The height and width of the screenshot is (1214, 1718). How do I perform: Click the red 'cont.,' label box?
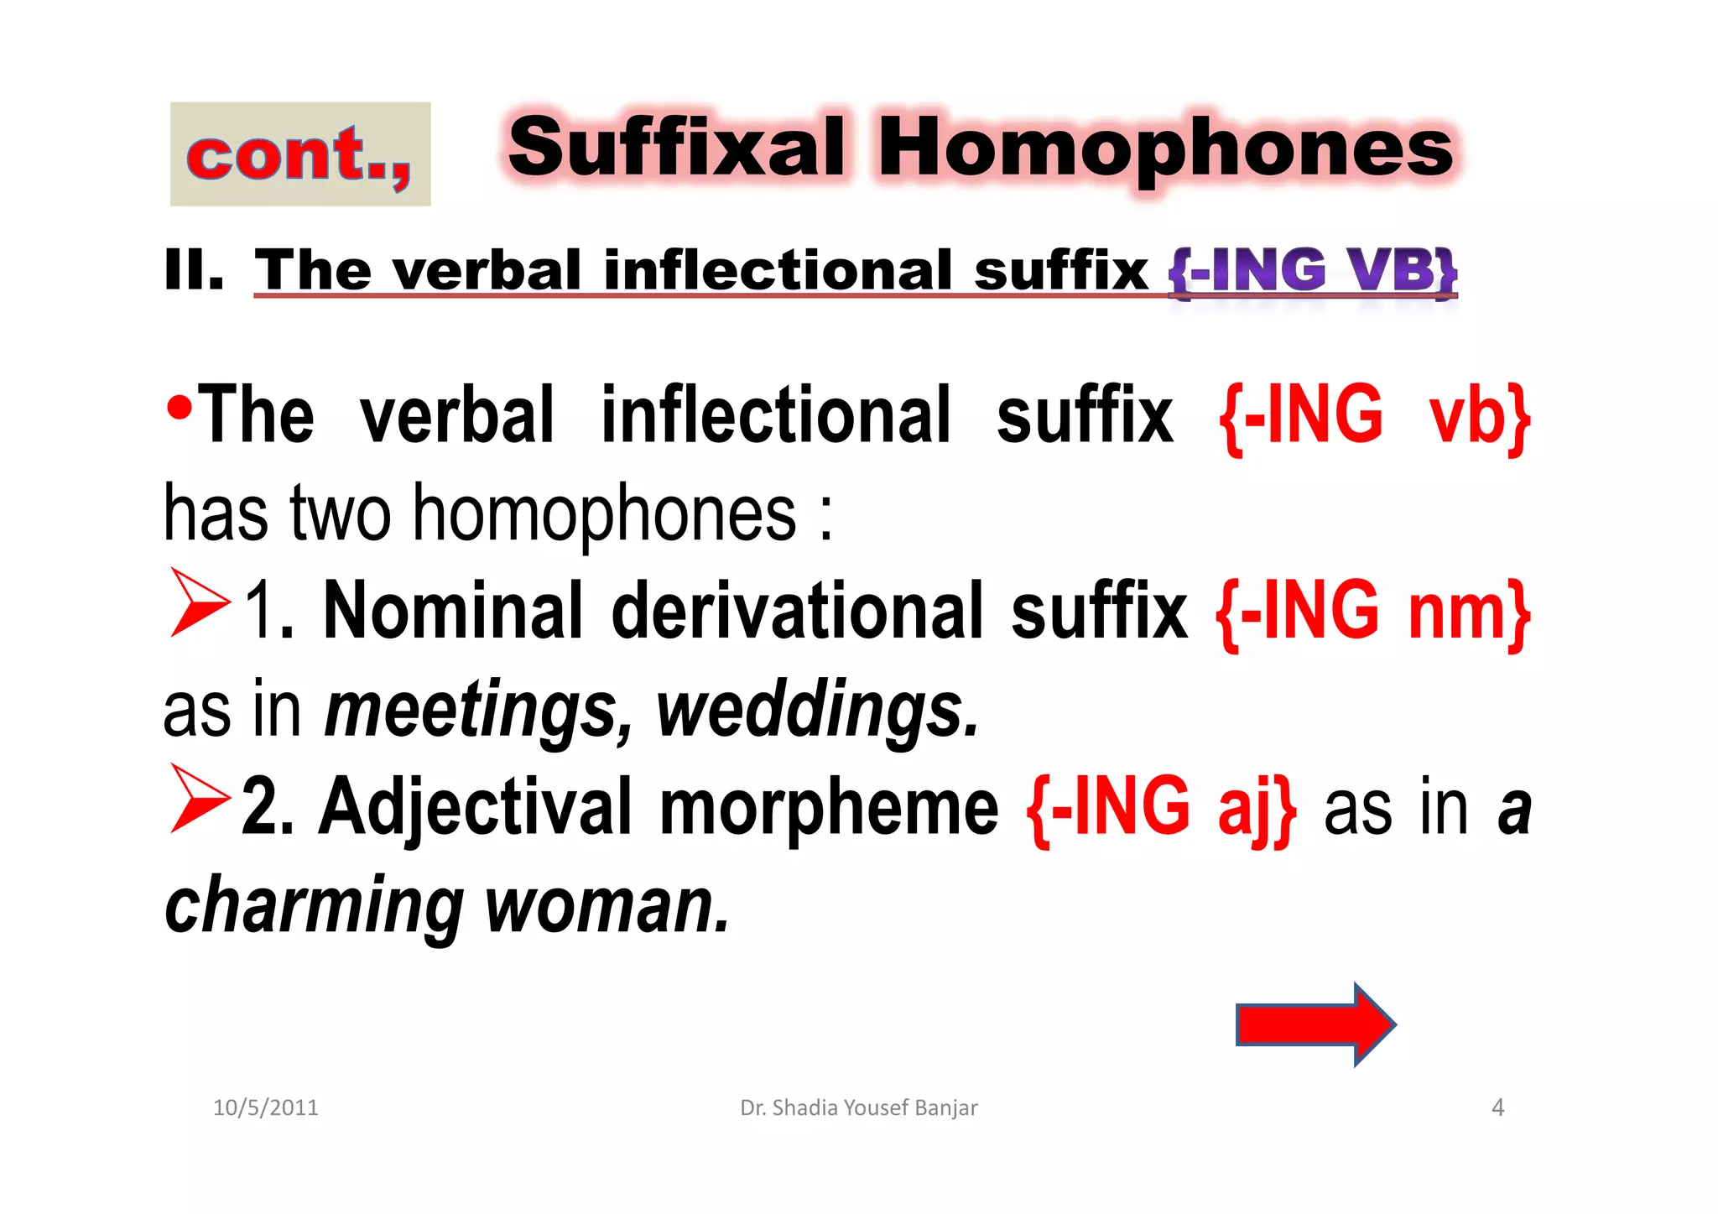point(300,154)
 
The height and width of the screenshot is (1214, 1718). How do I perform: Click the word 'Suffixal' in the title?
point(676,148)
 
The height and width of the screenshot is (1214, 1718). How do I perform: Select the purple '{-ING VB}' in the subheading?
point(1313,271)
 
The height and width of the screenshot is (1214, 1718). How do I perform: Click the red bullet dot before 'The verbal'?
point(178,409)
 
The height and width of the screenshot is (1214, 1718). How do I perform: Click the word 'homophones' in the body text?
point(604,514)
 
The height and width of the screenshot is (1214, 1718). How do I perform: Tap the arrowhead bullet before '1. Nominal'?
point(199,602)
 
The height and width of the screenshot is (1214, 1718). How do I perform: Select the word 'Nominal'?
point(452,611)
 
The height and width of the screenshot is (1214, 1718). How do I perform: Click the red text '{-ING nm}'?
point(1372,612)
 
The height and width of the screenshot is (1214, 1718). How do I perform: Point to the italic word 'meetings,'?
point(479,711)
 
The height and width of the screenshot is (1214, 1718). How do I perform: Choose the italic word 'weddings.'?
point(817,711)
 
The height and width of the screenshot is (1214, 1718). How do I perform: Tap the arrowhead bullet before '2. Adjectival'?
point(199,799)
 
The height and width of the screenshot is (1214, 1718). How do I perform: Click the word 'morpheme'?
point(829,807)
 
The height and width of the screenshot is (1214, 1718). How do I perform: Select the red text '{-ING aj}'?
point(1161,807)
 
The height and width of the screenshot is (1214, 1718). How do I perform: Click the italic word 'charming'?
point(314,906)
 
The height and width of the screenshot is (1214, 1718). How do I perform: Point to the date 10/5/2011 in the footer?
point(266,1107)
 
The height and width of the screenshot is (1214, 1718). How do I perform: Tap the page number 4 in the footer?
point(1497,1107)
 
